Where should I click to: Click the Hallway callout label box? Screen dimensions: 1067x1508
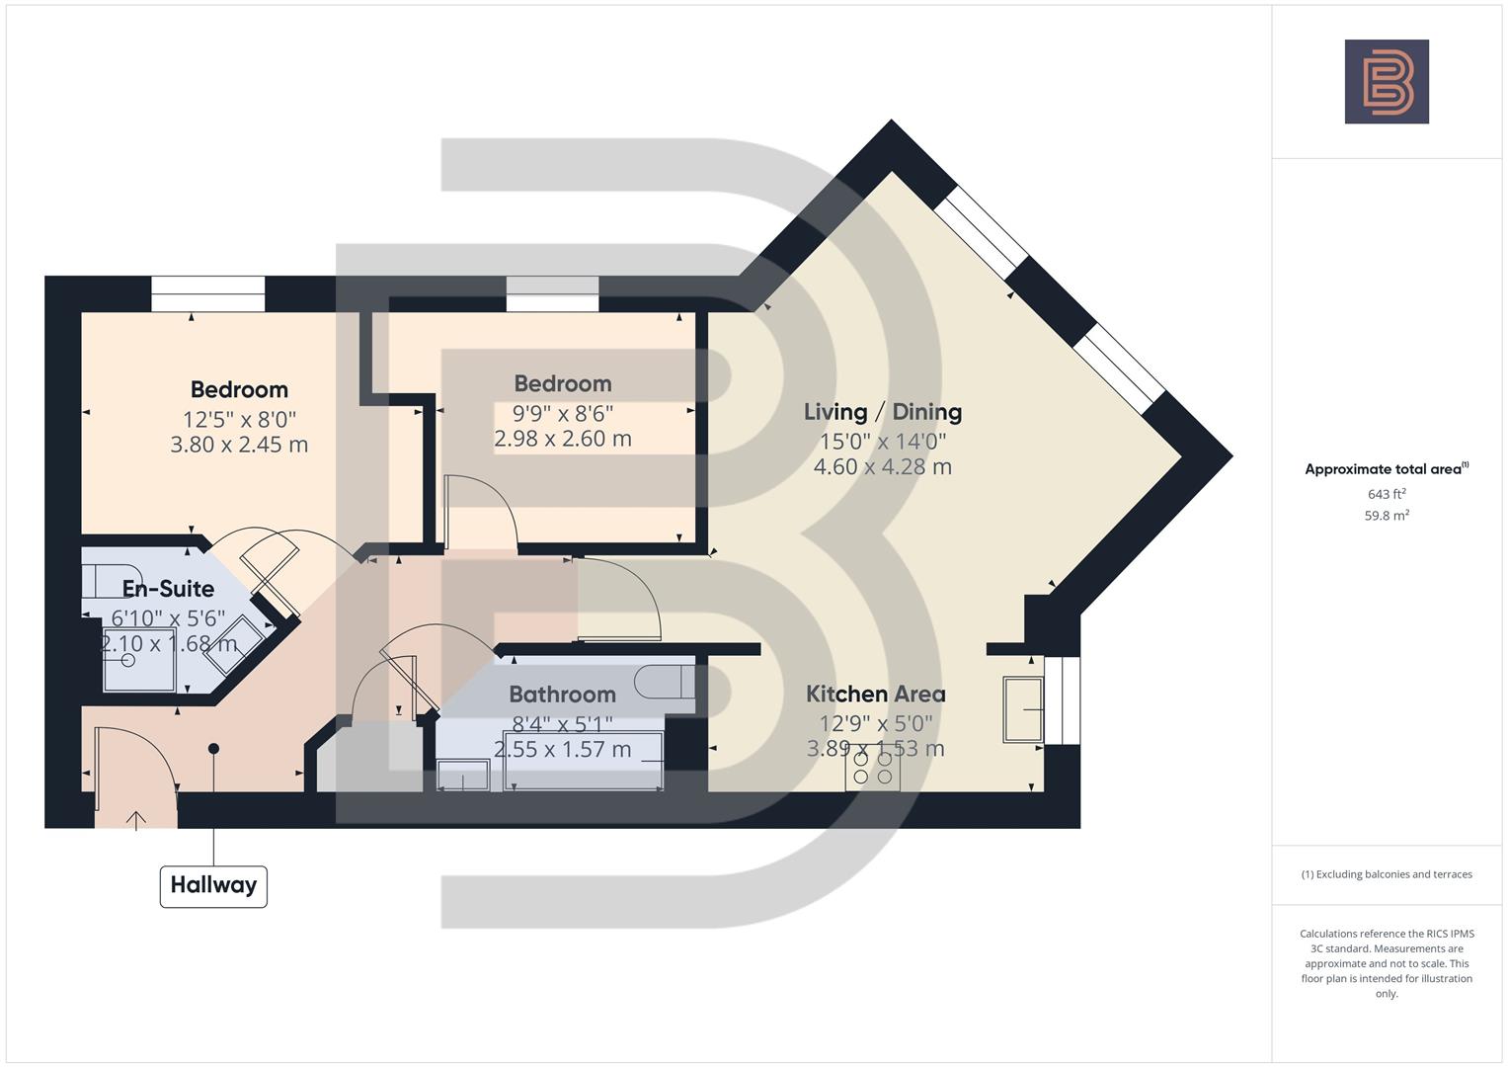213,885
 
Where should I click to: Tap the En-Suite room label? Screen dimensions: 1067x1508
168,589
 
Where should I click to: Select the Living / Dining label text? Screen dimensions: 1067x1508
882,412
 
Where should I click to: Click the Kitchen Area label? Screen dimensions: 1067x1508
875,695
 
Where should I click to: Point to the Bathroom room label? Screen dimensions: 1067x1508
562,695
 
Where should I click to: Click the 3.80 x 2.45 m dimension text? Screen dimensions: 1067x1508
239,445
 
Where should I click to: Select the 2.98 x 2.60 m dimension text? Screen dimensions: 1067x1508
562,439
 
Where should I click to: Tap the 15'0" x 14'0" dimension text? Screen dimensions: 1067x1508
882,441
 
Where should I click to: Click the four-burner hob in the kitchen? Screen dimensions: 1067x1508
873,769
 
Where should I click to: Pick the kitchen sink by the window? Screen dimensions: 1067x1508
1023,708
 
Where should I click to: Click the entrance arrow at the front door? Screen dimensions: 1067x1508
135,819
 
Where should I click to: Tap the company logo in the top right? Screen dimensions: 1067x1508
1387,82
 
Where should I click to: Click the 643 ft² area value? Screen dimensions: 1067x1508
1386,494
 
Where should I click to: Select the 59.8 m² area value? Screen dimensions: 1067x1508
1386,516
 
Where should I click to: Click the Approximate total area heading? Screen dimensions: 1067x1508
1386,469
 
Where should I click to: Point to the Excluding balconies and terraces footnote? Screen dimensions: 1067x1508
1386,874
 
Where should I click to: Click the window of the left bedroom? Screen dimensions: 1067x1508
207,293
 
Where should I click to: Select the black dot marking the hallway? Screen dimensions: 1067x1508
213,749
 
